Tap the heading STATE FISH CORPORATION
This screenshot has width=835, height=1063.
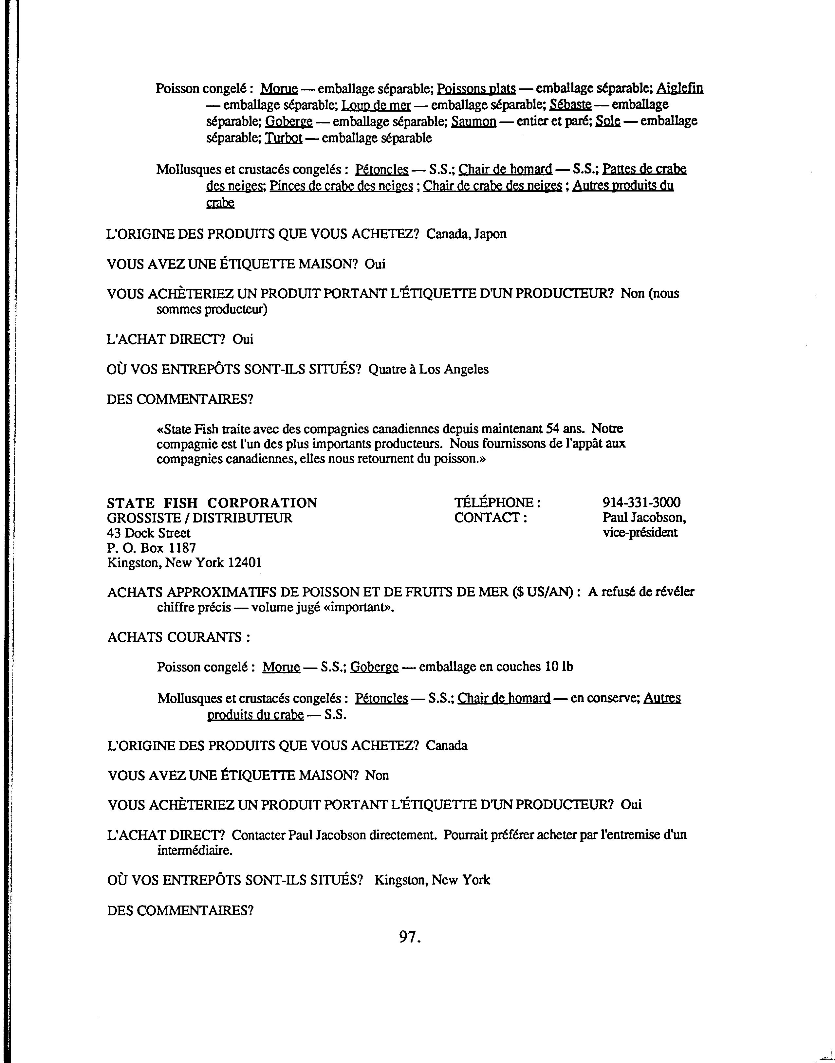coord(212,503)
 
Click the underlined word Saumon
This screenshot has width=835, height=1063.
coord(473,121)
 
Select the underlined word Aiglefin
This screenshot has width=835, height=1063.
coord(679,88)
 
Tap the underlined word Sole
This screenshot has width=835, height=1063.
coord(608,121)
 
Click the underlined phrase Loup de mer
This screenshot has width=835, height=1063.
coord(376,105)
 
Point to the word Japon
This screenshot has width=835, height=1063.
coord(491,234)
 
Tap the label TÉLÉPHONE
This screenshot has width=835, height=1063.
coord(497,503)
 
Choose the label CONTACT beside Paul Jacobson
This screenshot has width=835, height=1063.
coord(490,518)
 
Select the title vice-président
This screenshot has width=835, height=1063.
coord(640,533)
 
